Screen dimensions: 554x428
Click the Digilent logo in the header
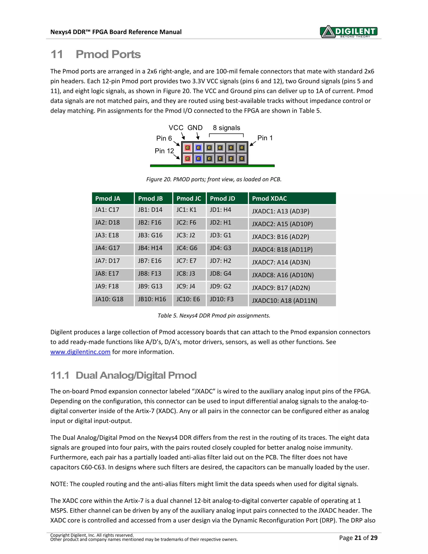[x=349, y=32]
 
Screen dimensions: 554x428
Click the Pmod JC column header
[x=189, y=198]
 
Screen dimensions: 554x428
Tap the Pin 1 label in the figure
[x=265, y=138]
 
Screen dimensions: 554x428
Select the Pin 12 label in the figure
[x=164, y=151]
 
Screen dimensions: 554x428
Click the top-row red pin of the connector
[x=188, y=148]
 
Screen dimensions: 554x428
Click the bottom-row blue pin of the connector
[x=199, y=159]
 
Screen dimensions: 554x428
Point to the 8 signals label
[x=226, y=128]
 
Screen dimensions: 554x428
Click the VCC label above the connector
[x=176, y=128]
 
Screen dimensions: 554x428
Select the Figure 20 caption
[x=214, y=179]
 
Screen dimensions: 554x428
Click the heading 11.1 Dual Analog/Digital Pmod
[x=124, y=375]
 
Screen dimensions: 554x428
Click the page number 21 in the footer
[x=358, y=538]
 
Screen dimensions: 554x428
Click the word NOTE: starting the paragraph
[x=59, y=484]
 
